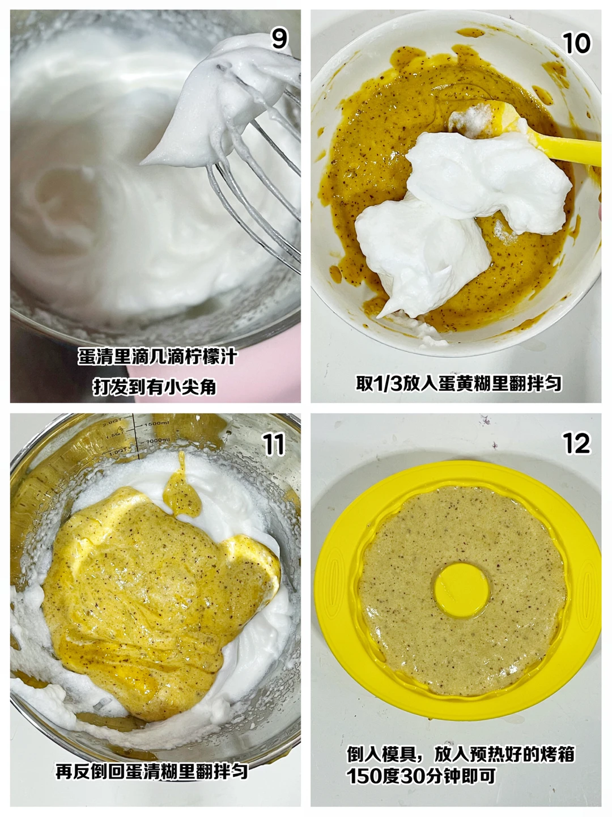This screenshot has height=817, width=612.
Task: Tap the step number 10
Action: [x=576, y=43]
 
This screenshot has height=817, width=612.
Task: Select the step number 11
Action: [x=274, y=445]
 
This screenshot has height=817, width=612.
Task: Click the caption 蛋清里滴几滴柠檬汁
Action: [x=158, y=357]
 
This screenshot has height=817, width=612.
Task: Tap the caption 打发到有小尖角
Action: [x=154, y=387]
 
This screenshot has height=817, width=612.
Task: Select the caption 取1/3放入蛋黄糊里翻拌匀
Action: [x=459, y=383]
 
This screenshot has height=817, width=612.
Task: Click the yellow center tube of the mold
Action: [x=461, y=589]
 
